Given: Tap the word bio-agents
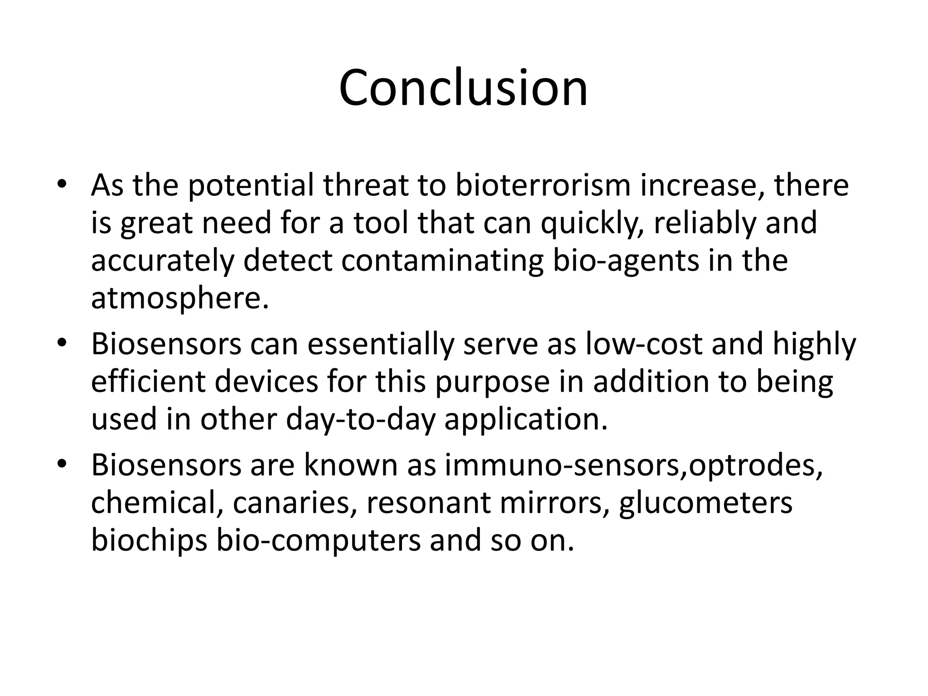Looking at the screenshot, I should click(x=626, y=261).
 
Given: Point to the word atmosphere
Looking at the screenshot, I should click(x=179, y=299).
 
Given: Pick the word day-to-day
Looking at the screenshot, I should click(x=360, y=420).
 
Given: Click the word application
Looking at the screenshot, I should click(x=526, y=420).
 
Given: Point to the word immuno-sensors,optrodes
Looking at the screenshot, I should click(x=633, y=465).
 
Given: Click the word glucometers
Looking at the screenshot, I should click(x=706, y=503).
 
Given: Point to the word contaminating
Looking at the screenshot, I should click(x=442, y=261).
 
